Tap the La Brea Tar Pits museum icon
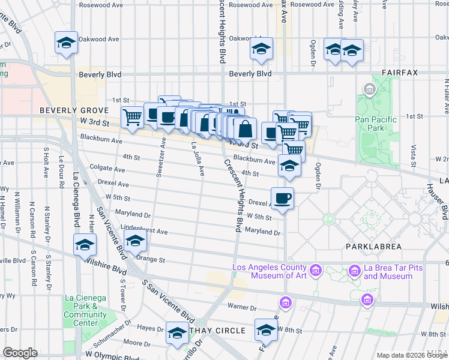point(355,272)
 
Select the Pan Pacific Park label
point(376,124)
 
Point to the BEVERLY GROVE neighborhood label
point(74,111)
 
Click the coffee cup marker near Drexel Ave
point(282,197)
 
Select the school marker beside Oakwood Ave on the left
point(66,43)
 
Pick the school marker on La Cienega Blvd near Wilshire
point(85,245)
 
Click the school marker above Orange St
point(136,241)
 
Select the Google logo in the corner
point(20,353)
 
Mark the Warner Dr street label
point(243,308)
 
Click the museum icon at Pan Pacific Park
point(369,91)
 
